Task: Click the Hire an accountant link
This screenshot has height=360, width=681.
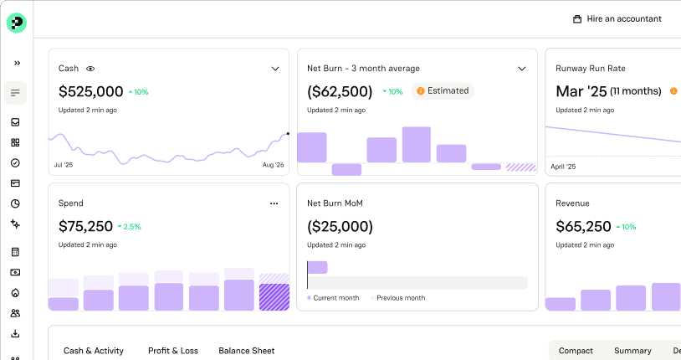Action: pyautogui.click(x=617, y=18)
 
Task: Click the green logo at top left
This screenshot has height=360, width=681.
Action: pyautogui.click(x=17, y=23)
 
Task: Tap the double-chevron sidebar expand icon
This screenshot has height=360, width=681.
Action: pyautogui.click(x=17, y=63)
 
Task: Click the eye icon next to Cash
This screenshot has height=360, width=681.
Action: pyautogui.click(x=90, y=69)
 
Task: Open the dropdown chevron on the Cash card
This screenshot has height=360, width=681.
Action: pyautogui.click(x=275, y=69)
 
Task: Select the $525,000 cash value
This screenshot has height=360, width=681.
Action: pyautogui.click(x=90, y=92)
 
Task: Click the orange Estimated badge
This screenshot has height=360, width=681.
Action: pyautogui.click(x=443, y=91)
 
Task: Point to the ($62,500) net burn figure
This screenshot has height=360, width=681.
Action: pyautogui.click(x=340, y=92)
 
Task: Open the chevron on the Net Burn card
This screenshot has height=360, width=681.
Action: pyautogui.click(x=522, y=69)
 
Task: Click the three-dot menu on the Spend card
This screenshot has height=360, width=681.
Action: pyautogui.click(x=274, y=203)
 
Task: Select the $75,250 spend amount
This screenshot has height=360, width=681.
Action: pyautogui.click(x=85, y=227)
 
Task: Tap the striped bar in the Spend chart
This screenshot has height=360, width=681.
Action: pyautogui.click(x=274, y=297)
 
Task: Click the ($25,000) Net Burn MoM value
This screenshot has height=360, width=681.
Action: pyautogui.click(x=340, y=227)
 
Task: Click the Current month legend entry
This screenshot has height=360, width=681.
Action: pyautogui.click(x=333, y=298)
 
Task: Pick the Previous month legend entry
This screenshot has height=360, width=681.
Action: pyautogui.click(x=398, y=298)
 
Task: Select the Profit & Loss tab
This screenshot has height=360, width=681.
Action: pyautogui.click(x=173, y=351)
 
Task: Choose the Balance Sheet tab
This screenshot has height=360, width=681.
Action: pyautogui.click(x=246, y=351)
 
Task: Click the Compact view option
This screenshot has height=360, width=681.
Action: pyautogui.click(x=576, y=351)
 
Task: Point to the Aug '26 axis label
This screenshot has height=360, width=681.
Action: pyautogui.click(x=274, y=165)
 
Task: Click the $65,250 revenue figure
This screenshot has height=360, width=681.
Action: pyautogui.click(x=583, y=227)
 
